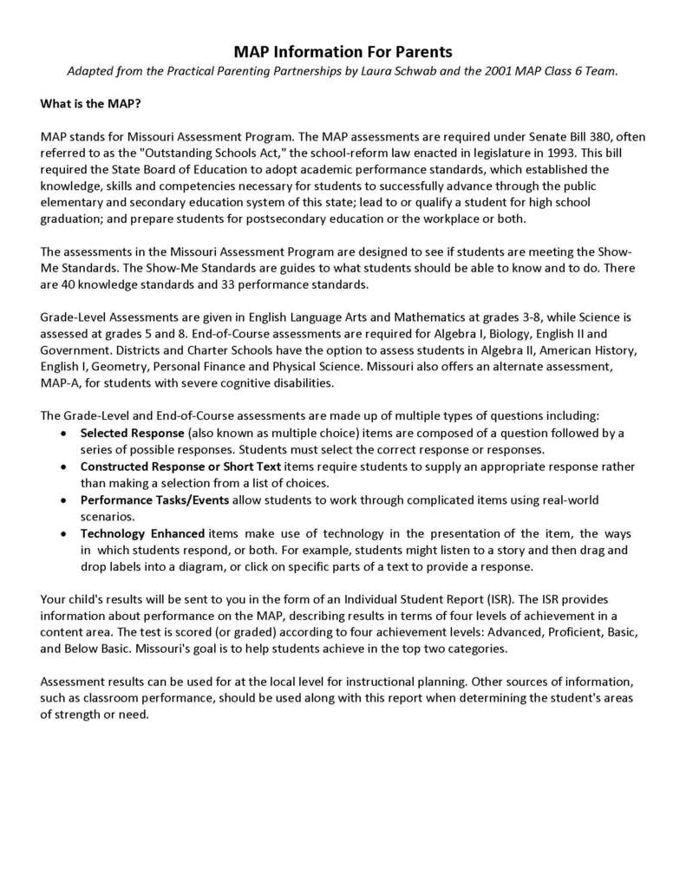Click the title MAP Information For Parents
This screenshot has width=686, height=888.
click(343, 53)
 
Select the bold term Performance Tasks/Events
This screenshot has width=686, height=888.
click(155, 500)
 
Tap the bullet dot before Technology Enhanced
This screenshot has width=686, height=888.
click(64, 533)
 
